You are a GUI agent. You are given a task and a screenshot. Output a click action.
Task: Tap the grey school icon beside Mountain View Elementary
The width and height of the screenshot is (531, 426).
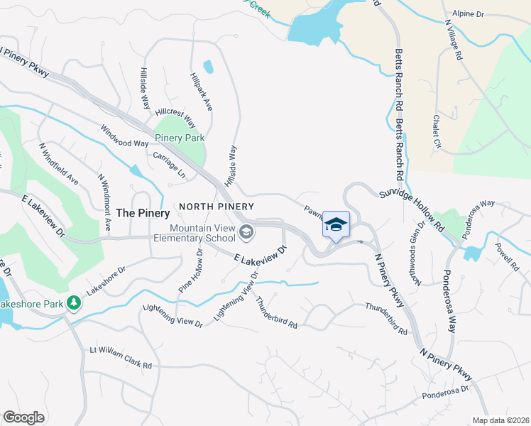click(x=246, y=231)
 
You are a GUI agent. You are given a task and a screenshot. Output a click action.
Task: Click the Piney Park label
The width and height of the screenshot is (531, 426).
click(x=180, y=138)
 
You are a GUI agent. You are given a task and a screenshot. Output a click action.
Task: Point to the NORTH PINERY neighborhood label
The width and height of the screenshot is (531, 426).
click(x=212, y=206)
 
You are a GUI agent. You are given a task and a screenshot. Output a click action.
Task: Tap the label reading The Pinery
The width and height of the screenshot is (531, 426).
click(x=143, y=213)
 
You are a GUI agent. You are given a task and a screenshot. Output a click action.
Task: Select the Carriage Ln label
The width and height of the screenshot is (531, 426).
click(x=169, y=163)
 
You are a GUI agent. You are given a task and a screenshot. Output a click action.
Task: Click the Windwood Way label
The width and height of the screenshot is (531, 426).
click(x=126, y=137)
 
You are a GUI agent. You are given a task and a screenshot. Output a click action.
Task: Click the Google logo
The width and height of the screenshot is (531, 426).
click(x=23, y=417)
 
